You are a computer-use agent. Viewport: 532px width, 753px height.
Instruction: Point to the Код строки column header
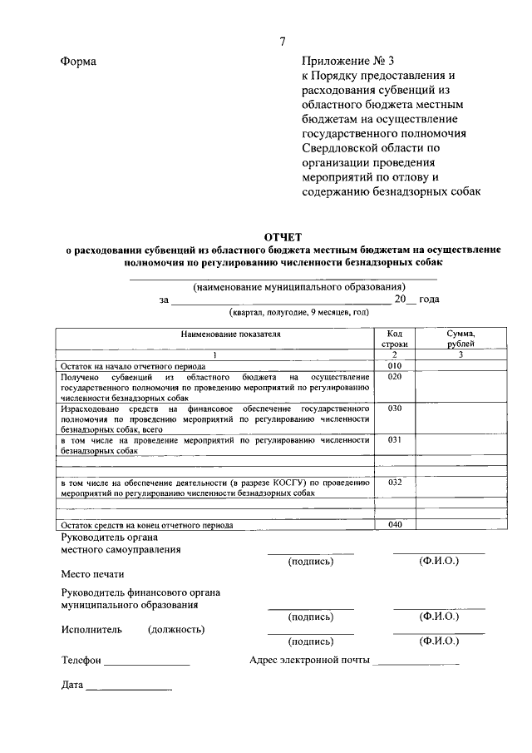(x=395, y=338)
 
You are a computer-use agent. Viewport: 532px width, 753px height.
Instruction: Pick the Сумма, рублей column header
(x=461, y=338)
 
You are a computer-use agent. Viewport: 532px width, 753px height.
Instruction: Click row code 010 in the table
(x=395, y=365)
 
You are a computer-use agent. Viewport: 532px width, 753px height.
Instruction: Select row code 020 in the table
(x=395, y=377)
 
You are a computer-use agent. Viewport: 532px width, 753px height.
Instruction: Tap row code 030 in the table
(x=395, y=409)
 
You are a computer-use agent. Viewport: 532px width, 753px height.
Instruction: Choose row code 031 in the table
(x=395, y=439)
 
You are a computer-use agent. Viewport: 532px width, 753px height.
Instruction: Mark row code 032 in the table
(x=395, y=482)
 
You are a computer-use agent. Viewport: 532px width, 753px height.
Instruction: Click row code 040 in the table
(x=395, y=524)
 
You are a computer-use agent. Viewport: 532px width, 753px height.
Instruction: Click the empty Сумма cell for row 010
(x=461, y=365)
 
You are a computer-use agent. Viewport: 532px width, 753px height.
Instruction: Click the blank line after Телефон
(x=147, y=662)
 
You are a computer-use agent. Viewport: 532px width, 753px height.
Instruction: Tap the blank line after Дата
(x=129, y=688)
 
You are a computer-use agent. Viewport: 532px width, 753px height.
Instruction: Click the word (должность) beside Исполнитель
(x=176, y=630)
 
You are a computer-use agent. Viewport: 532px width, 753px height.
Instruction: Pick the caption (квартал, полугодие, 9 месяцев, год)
(x=298, y=313)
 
